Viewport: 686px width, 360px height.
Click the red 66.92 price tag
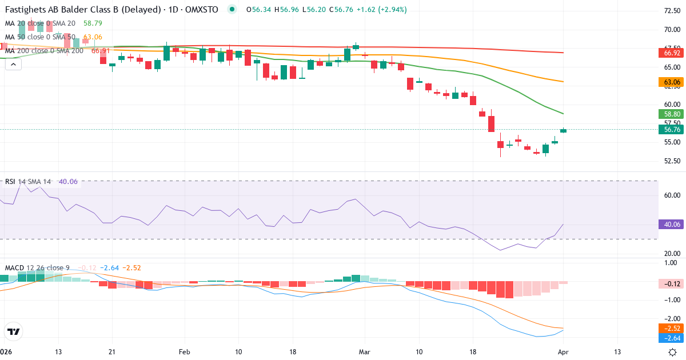coord(672,53)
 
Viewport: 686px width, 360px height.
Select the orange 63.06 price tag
coord(672,82)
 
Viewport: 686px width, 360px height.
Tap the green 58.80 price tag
coord(672,114)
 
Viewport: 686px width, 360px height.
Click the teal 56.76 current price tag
coord(672,130)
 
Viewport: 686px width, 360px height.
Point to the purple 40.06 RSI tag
coord(672,225)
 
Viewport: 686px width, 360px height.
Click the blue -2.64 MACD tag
coord(672,338)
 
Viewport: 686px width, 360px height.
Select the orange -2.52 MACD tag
coord(672,329)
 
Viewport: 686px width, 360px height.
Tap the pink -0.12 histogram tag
coord(672,284)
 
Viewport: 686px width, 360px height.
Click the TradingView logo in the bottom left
coord(14,331)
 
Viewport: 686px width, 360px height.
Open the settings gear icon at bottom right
coord(673,352)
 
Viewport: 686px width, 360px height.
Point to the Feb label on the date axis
coord(184,352)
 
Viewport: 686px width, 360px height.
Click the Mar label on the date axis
coord(364,352)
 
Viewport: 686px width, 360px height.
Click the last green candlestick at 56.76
coord(564,130)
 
